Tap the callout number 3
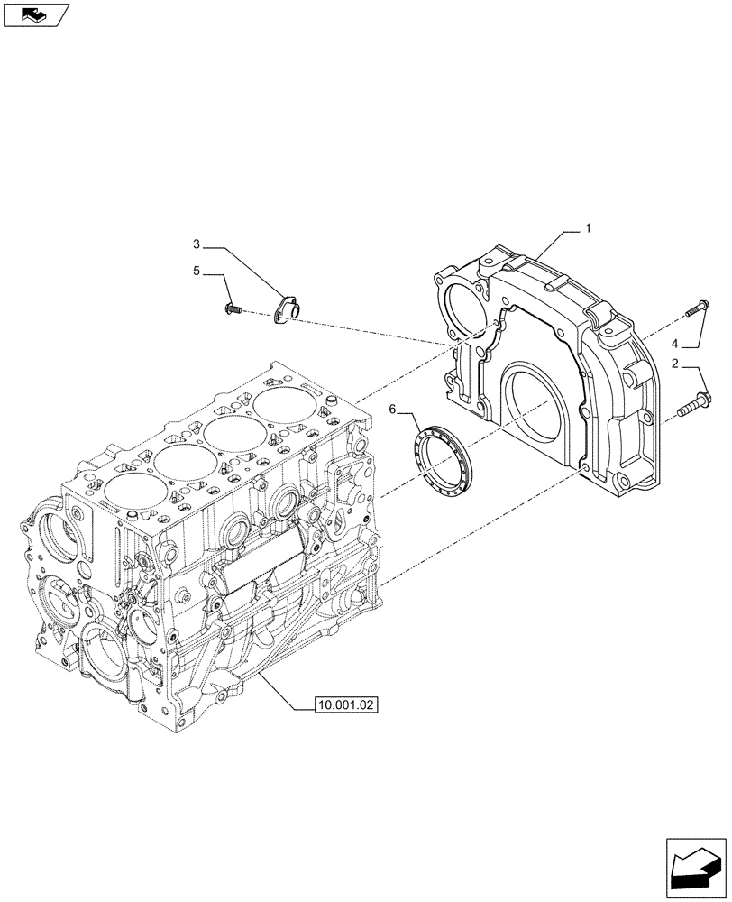pos(196,244)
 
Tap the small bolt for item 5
pos(232,309)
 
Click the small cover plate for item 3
pos(288,309)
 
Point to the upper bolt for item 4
pos(697,307)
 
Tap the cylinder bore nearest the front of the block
pos(136,494)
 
